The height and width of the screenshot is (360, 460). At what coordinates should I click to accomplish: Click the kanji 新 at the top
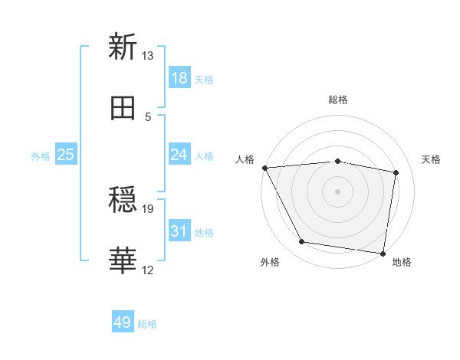click(123, 47)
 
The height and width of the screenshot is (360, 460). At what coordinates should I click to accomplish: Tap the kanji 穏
click(123, 201)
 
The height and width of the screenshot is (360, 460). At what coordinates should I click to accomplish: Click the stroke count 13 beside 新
click(148, 56)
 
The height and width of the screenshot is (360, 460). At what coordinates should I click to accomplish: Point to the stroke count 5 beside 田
click(148, 116)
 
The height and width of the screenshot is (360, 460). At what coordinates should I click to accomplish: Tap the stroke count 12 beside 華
click(148, 270)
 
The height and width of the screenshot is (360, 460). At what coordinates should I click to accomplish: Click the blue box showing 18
click(179, 77)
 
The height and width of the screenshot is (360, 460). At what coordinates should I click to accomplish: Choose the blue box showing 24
click(179, 155)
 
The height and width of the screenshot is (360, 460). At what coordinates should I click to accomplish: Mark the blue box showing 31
click(179, 231)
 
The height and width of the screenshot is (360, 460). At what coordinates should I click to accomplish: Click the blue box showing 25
click(66, 155)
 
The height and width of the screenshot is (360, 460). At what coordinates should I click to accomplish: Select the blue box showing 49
click(123, 322)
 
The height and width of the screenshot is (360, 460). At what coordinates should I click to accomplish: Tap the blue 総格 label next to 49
click(147, 324)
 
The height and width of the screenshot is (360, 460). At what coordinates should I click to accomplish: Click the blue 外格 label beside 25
click(41, 155)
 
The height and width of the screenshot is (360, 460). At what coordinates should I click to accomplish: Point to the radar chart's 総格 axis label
click(338, 100)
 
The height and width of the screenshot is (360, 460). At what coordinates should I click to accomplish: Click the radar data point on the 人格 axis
click(264, 168)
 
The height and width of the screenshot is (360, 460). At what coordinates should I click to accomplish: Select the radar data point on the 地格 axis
click(383, 253)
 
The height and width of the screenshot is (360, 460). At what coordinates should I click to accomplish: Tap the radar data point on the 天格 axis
click(396, 173)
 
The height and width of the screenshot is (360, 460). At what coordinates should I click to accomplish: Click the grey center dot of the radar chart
click(338, 191)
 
